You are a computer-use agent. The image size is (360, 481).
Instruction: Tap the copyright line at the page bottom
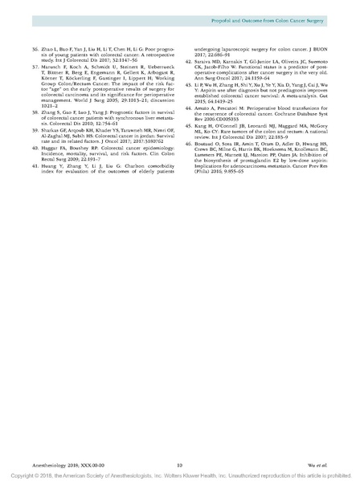180,475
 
